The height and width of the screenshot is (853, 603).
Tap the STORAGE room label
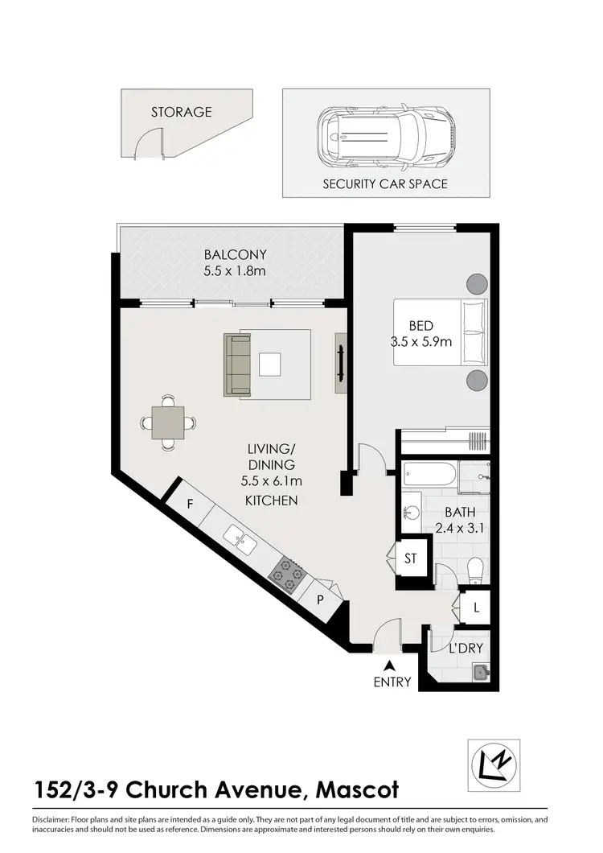[182, 112]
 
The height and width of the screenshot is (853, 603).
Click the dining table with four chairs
[167, 422]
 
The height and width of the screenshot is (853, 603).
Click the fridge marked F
[191, 505]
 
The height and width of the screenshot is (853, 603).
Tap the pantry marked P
[320, 600]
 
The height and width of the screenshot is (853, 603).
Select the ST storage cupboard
[411, 557]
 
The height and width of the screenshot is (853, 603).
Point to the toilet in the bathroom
[474, 567]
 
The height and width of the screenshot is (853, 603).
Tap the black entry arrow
[391, 666]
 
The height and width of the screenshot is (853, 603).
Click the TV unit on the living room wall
[341, 363]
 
